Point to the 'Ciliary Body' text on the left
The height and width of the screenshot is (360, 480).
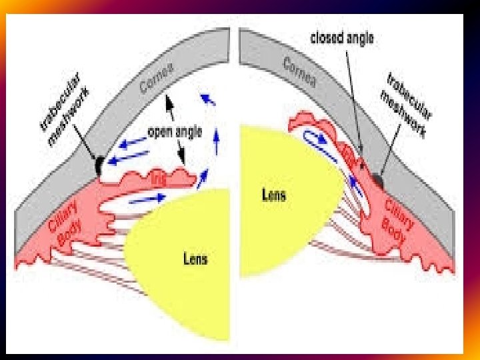pos(66,220)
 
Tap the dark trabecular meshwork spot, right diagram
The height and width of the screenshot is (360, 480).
pos(379,179)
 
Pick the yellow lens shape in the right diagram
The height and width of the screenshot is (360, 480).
pos(280,200)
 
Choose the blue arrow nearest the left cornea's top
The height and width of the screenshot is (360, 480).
pos(209,100)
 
